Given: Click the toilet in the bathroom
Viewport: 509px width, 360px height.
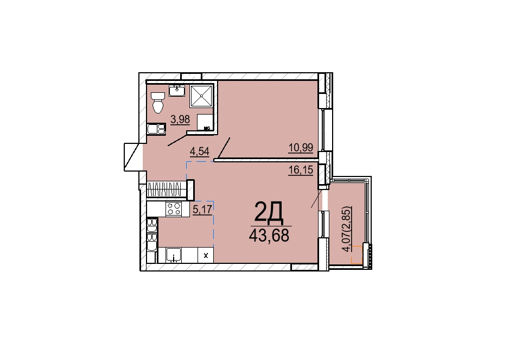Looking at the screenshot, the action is pos(158,102).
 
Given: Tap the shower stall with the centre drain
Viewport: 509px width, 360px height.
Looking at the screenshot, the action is pos(201,96).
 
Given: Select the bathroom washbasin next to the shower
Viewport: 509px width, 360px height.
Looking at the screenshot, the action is pos(177,91).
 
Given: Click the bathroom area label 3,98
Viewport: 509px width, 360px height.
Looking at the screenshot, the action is pos(180,119).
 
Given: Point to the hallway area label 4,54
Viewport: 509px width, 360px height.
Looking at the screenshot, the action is pos(200,151).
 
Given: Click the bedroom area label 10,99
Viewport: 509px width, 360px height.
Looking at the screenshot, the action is pos(301,148).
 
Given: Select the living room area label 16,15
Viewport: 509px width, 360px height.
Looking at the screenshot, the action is pos(301,169).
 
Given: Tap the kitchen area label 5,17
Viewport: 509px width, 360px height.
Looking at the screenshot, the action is pos(202,210).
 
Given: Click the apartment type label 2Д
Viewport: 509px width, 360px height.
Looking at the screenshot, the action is pos(269,212).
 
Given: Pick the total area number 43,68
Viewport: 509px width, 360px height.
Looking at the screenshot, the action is pos(269,235).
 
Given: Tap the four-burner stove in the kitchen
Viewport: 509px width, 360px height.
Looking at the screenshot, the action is pos(174,209).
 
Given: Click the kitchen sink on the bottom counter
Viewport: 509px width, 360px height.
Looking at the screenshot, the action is pos(174,255).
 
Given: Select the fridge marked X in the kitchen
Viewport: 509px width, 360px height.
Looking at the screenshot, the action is pos(206,255).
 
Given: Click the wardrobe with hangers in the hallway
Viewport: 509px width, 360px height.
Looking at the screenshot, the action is pos(167,189).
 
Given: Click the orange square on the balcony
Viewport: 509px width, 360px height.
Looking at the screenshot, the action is pos(357,255).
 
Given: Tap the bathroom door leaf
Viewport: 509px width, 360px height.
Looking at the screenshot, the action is pos(177,139).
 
